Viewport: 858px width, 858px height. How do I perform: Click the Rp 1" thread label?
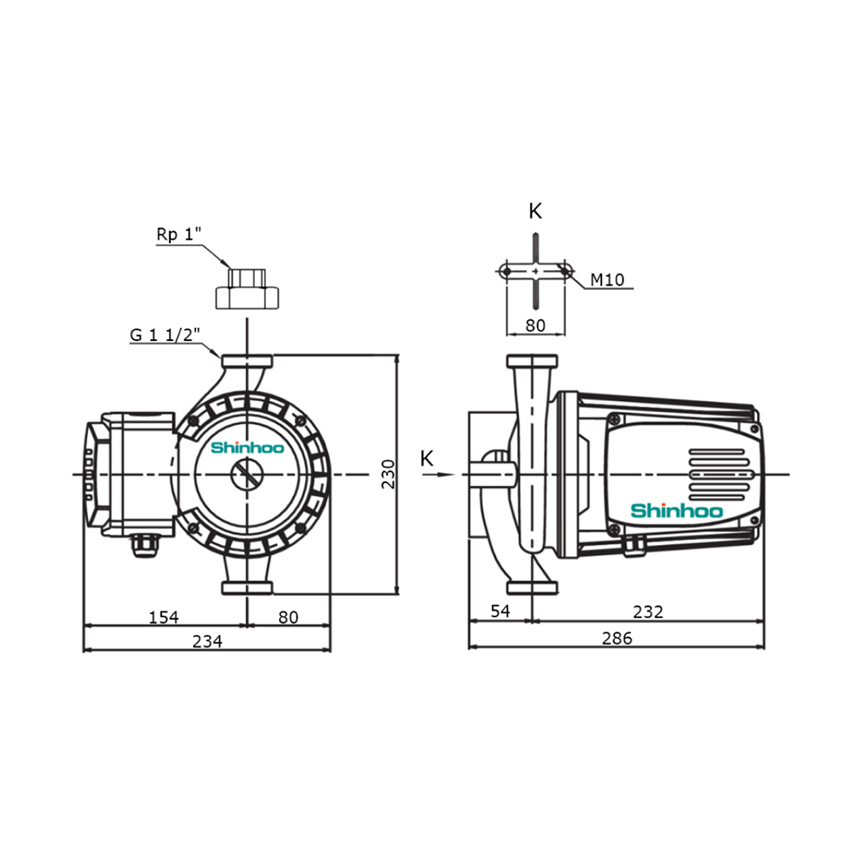[180, 235]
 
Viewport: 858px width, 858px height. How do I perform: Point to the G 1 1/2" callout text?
[162, 335]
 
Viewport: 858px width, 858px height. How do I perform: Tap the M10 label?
[608, 280]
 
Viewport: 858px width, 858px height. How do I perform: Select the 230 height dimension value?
[388, 474]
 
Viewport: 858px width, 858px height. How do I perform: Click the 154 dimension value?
[164, 616]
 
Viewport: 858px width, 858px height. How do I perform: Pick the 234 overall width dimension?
[207, 641]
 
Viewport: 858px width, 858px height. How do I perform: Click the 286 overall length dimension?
[616, 638]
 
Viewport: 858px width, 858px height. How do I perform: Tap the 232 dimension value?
[647, 612]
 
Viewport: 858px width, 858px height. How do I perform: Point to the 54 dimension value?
[499, 612]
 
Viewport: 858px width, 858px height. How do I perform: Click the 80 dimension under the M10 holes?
[535, 325]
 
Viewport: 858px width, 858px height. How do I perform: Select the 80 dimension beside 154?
[288, 616]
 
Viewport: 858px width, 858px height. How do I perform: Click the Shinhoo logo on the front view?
[245, 448]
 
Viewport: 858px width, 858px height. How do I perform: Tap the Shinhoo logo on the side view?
[676, 511]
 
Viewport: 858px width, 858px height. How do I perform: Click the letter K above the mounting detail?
[535, 211]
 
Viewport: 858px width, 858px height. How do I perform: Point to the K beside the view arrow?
[427, 458]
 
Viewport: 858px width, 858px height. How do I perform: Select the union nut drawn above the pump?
[248, 289]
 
